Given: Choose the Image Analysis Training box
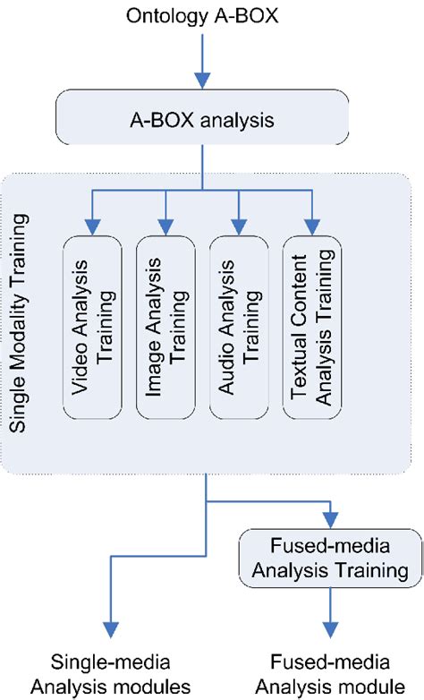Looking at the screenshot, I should [165, 327].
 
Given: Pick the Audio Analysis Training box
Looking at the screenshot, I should [238, 327].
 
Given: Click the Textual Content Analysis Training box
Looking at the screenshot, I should [310, 327].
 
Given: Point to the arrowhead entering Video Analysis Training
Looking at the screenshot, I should [91, 226].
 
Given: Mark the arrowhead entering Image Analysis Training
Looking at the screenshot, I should [165, 226].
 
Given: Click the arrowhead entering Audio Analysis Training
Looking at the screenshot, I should [238, 226].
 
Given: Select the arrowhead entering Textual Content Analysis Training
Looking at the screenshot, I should [310, 226].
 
